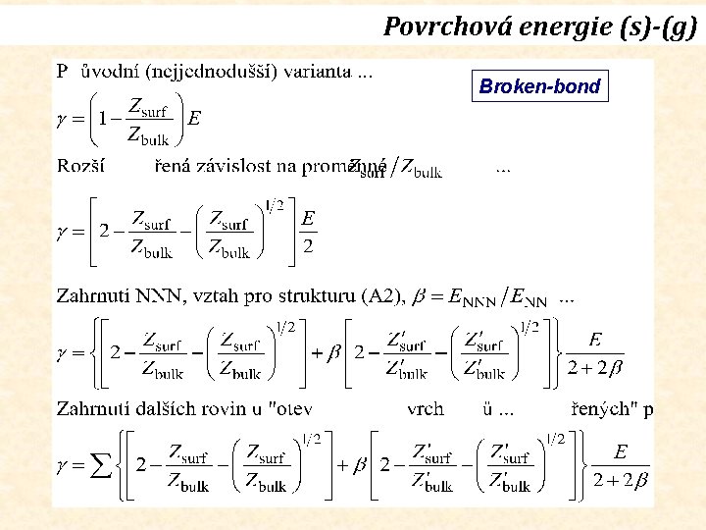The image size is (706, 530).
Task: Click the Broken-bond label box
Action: (539, 86)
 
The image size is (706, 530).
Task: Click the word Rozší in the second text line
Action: (80, 167)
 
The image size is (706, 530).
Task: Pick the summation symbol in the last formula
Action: (99, 466)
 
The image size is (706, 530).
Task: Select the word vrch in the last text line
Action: (427, 409)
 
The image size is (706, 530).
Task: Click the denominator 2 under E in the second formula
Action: (308, 245)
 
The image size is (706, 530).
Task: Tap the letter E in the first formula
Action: (194, 119)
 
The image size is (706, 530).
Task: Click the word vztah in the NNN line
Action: (215, 295)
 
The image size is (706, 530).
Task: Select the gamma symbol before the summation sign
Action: (61, 466)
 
